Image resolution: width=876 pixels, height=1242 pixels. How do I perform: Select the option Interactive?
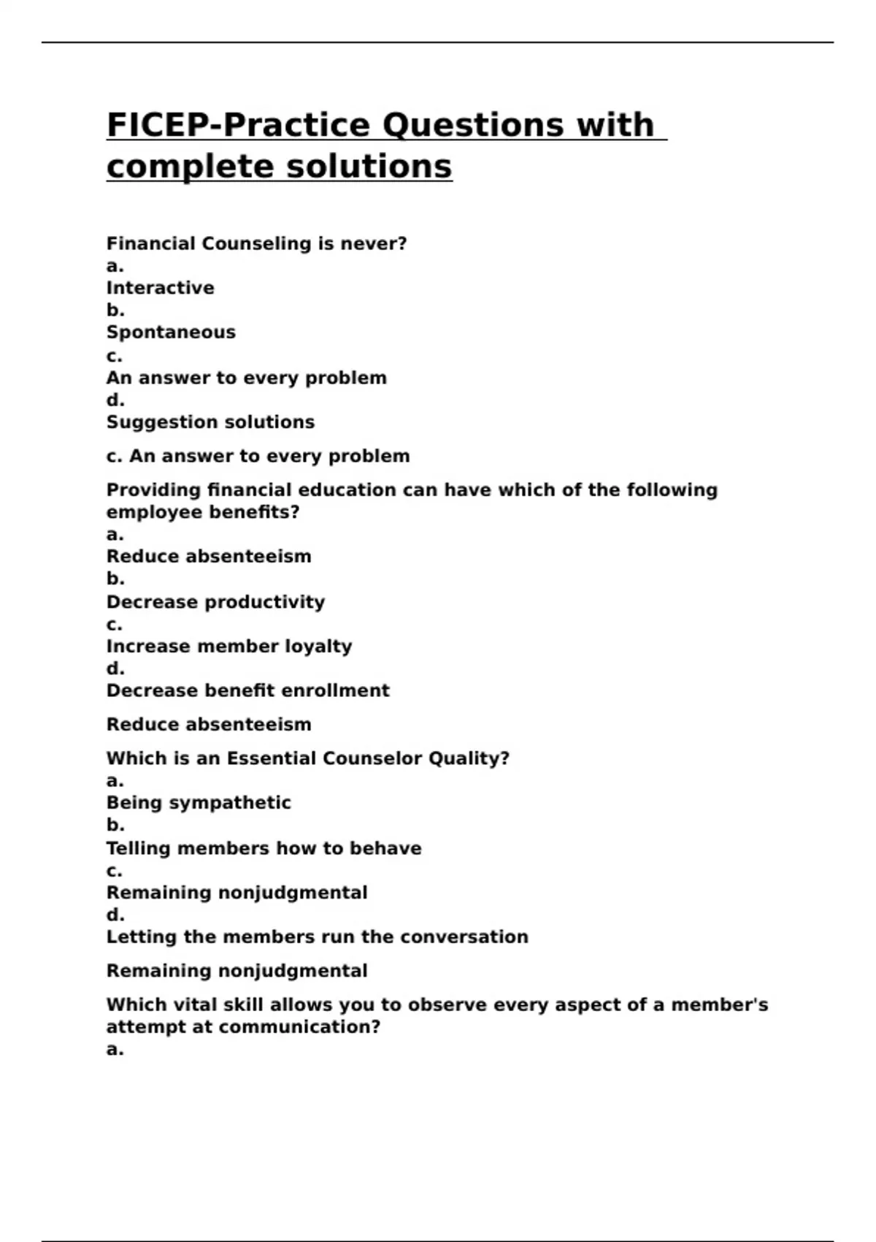[x=160, y=288]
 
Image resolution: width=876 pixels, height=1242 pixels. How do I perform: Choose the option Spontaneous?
[x=171, y=332]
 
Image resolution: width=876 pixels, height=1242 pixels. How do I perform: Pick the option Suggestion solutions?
[x=210, y=422]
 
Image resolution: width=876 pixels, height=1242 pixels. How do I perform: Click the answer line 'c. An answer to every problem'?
[x=258, y=457]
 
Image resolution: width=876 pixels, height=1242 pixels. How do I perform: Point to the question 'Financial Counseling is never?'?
[x=256, y=244]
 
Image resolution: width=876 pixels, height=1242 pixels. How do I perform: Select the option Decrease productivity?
[x=215, y=602]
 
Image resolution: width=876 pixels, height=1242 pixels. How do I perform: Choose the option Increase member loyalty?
[x=229, y=647]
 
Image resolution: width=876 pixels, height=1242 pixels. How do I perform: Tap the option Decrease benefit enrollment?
[x=247, y=690]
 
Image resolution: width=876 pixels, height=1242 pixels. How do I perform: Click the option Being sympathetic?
[x=199, y=803]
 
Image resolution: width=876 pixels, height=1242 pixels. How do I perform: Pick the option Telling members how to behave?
[x=264, y=848]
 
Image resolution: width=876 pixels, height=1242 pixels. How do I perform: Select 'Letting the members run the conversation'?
[x=317, y=937]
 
